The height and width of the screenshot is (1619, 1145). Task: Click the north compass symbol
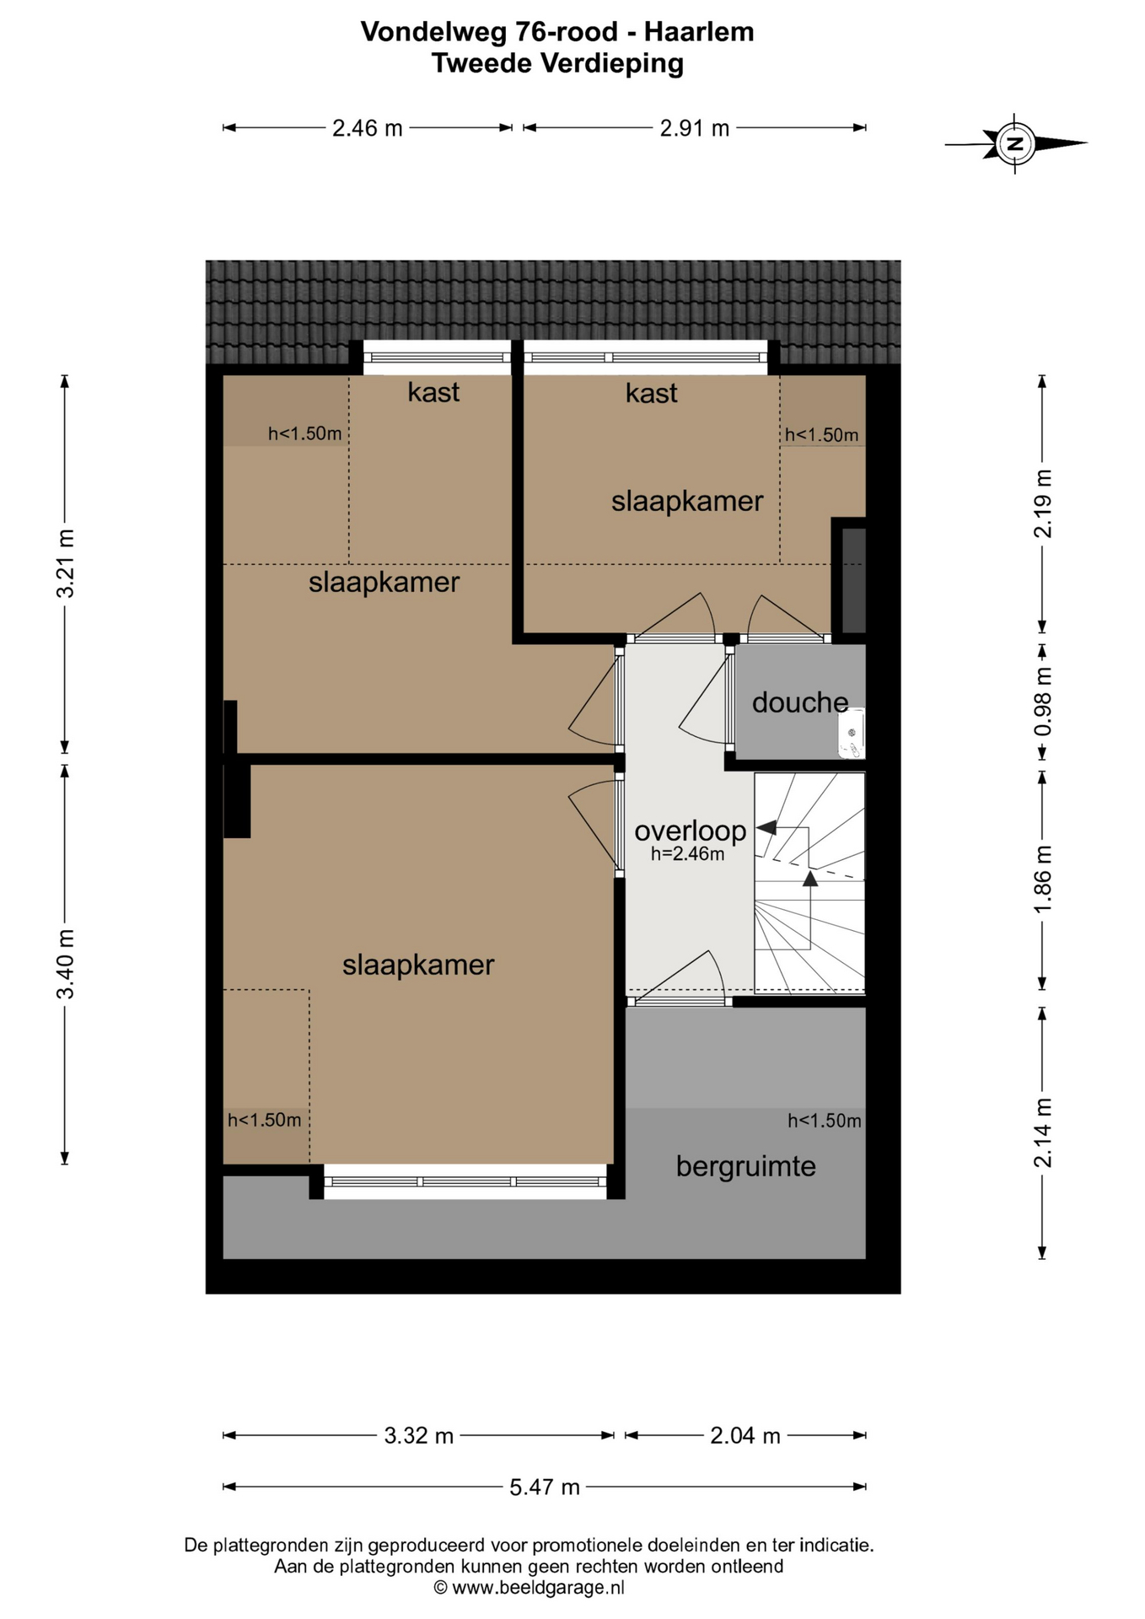tap(1015, 143)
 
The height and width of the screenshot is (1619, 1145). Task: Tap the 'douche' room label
tap(800, 702)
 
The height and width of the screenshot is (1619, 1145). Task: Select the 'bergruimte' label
tap(746, 1167)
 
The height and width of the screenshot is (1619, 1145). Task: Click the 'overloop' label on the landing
tap(691, 831)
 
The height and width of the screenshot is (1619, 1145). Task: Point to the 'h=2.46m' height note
tap(687, 854)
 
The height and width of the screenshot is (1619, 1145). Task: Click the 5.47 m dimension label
tap(545, 1487)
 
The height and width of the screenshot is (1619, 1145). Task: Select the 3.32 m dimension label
tap(419, 1435)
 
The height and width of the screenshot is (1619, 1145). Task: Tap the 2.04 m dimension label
tap(745, 1435)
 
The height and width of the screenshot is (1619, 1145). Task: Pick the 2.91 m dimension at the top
tap(695, 128)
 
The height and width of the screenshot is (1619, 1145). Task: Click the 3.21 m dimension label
tap(65, 563)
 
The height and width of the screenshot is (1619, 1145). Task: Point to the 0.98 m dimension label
tap(1043, 701)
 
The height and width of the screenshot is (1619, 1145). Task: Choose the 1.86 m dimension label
tap(1043, 877)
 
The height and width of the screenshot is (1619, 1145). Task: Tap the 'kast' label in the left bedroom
tap(433, 392)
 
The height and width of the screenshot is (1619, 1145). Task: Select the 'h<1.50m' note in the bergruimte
tap(825, 1121)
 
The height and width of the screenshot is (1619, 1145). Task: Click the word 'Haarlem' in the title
tap(699, 32)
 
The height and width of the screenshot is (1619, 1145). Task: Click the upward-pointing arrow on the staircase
tap(809, 879)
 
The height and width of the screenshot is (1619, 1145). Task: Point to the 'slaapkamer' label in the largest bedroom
tap(418, 965)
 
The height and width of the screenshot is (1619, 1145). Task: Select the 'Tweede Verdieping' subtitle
tap(557, 63)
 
